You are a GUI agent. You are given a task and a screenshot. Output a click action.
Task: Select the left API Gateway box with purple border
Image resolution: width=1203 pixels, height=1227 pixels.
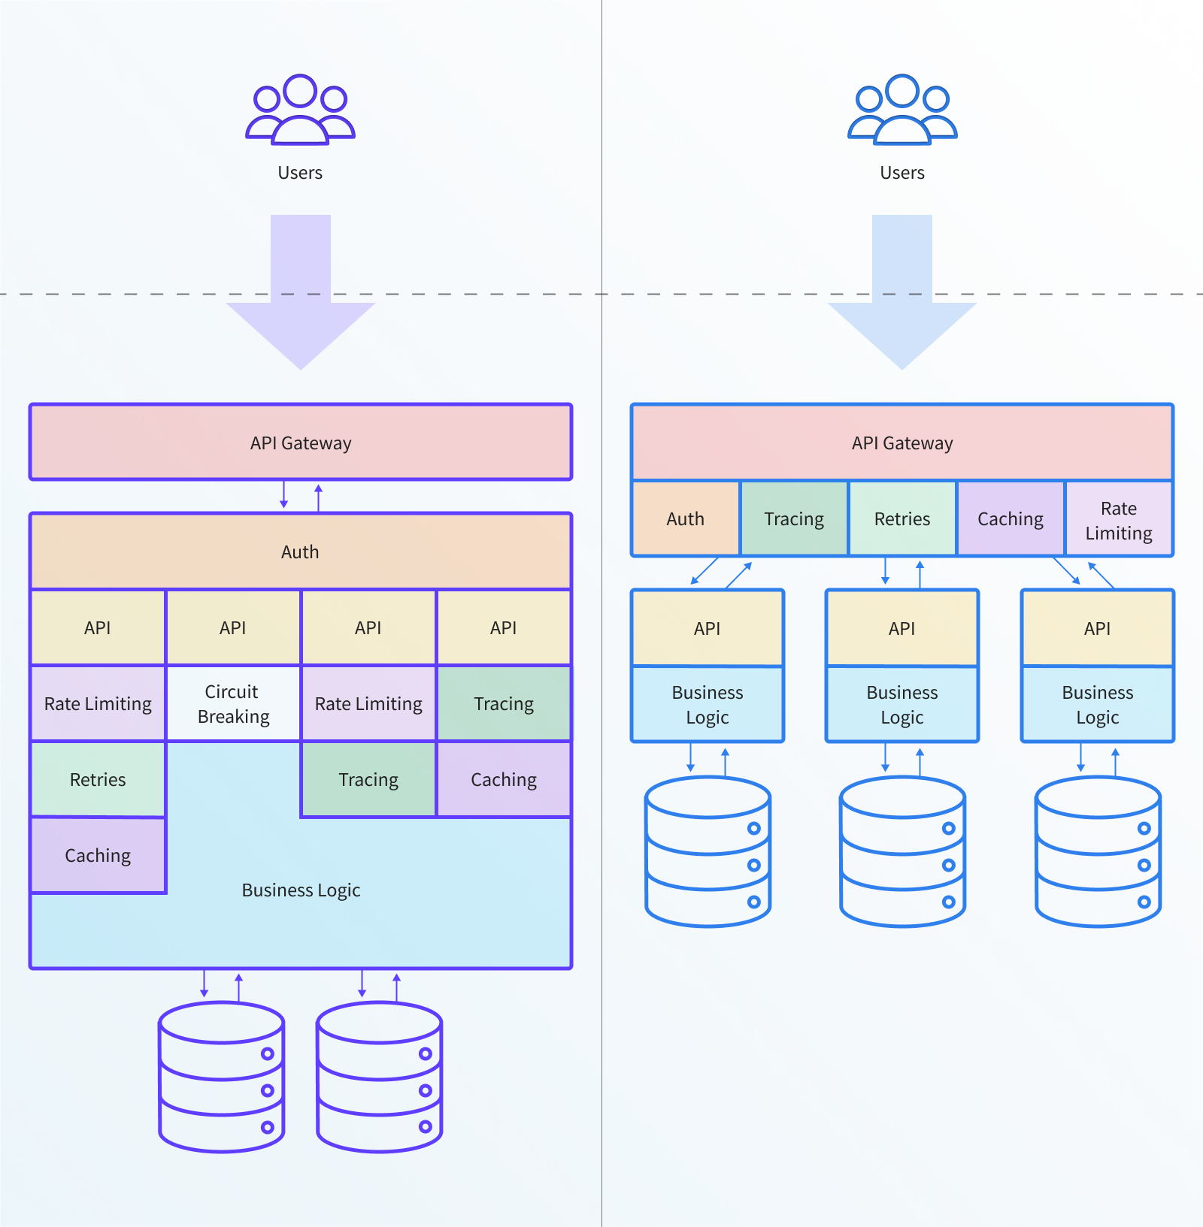pyautogui.click(x=300, y=443)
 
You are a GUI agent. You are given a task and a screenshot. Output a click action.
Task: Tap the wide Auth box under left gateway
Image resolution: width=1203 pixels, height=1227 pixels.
pyautogui.click(x=300, y=552)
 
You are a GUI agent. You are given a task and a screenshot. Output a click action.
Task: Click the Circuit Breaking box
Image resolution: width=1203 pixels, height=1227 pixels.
pyautogui.click(x=233, y=703)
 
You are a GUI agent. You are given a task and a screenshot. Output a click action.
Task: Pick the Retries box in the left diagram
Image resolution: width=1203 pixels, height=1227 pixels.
pyautogui.click(x=98, y=779)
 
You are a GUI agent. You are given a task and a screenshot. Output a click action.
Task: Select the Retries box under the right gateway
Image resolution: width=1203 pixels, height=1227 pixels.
pyautogui.click(x=901, y=518)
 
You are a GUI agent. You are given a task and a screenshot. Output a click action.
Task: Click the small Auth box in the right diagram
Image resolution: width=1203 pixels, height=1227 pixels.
pyautogui.click(x=685, y=518)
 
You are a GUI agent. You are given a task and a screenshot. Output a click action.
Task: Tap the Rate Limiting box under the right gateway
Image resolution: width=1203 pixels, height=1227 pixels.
pyautogui.click(x=1118, y=520)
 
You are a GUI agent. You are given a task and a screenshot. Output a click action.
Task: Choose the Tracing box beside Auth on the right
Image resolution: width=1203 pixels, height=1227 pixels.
pyautogui.click(x=794, y=518)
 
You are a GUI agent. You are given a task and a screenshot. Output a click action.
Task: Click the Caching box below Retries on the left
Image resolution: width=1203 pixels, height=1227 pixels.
pyautogui.click(x=98, y=855)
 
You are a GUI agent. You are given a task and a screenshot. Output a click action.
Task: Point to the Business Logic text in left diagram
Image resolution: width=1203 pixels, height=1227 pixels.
pyautogui.click(x=301, y=890)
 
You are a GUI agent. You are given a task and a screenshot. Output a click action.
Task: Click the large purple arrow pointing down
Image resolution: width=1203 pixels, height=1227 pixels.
pyautogui.click(x=300, y=301)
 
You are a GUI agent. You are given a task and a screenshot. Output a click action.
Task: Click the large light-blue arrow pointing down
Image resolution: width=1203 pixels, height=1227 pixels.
pyautogui.click(x=901, y=301)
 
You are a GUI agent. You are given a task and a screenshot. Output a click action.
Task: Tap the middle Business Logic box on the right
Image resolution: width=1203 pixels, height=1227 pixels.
pyautogui.click(x=901, y=704)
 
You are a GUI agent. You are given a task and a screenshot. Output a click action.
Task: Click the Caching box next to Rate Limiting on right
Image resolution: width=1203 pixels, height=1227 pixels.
pyautogui.click(x=1010, y=518)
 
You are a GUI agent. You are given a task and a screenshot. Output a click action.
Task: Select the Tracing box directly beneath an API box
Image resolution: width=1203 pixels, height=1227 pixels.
pyautogui.click(x=504, y=703)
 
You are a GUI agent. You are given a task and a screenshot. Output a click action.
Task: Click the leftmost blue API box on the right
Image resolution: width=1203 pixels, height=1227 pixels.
pyautogui.click(x=707, y=628)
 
